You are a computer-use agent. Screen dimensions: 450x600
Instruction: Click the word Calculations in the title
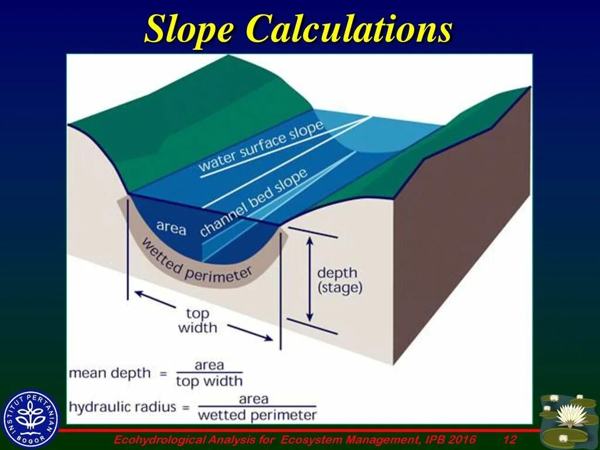tap(349, 29)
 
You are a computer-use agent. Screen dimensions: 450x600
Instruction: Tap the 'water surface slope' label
tap(261, 146)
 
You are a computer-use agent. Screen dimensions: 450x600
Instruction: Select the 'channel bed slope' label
tap(253, 202)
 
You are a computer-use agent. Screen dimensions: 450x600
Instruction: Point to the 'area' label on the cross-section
tap(171, 227)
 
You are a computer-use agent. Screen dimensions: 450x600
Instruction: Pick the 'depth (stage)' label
tap(340, 280)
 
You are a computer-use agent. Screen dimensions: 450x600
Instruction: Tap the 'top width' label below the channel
tap(197, 320)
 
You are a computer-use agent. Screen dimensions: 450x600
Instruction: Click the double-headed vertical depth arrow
tap(311, 278)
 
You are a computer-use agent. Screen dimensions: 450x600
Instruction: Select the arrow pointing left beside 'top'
tap(155, 299)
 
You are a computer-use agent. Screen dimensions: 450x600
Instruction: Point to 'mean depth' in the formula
tap(110, 373)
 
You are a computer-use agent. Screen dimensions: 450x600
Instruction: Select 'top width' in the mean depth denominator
tap(209, 381)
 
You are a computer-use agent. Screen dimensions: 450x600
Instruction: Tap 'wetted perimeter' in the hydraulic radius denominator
tap(257, 415)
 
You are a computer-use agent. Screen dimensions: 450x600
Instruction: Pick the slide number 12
tap(509, 439)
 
